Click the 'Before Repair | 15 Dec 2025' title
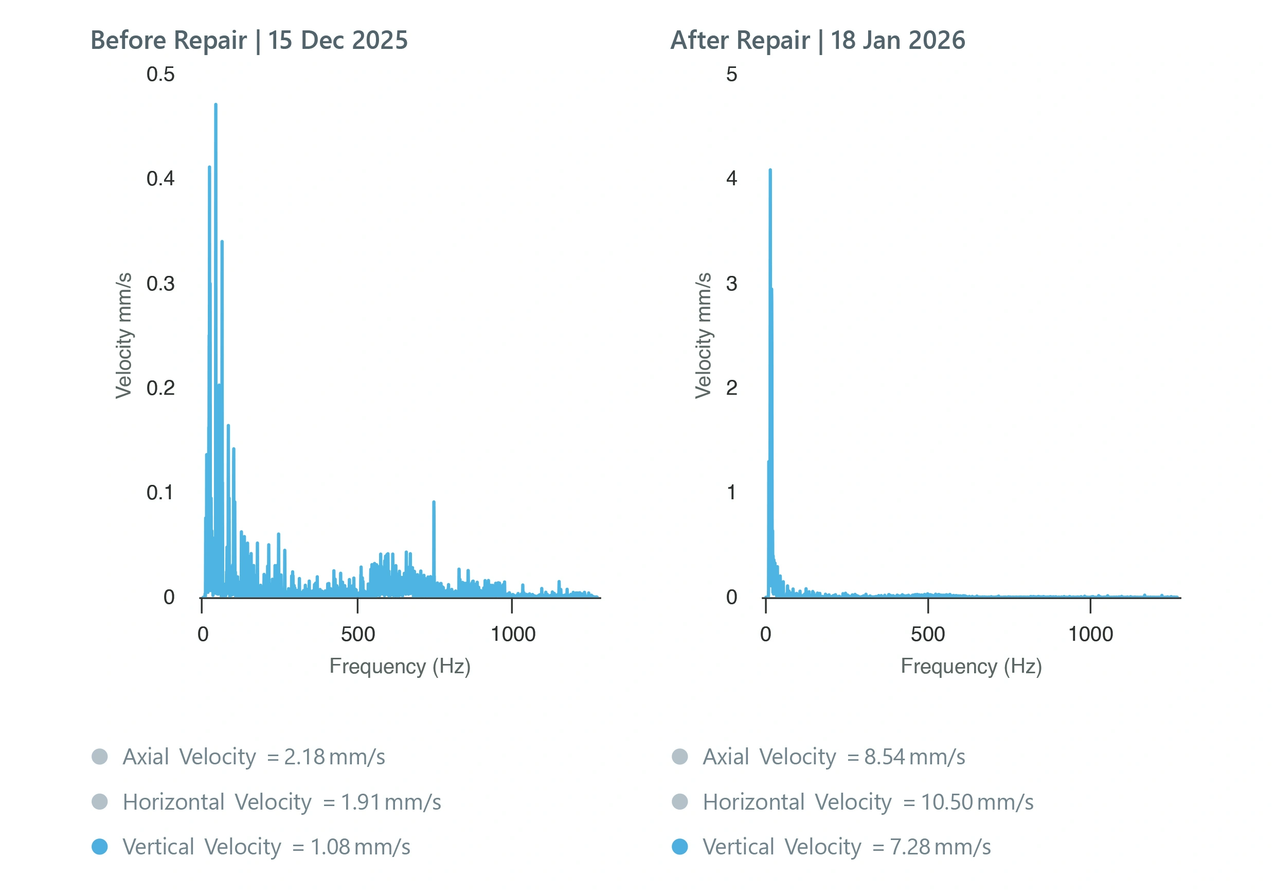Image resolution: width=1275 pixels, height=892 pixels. (x=249, y=40)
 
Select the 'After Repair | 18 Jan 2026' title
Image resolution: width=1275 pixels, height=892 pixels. (x=817, y=40)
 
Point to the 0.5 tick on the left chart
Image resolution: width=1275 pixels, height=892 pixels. (x=160, y=74)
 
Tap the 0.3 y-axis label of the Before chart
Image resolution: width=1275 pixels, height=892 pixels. (x=160, y=284)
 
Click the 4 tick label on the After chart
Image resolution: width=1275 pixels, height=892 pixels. (x=731, y=179)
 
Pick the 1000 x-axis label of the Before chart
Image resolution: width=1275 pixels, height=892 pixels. (x=513, y=634)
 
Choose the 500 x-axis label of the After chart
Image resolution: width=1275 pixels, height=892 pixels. (x=927, y=634)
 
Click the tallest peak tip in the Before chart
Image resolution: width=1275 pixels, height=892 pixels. (x=216, y=105)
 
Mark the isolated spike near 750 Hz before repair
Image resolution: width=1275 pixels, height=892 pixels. (x=434, y=503)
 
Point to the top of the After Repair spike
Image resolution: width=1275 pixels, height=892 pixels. (x=770, y=170)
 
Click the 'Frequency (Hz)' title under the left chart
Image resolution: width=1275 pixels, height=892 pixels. (x=400, y=666)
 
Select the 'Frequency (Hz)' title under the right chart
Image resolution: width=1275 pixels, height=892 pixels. (x=971, y=666)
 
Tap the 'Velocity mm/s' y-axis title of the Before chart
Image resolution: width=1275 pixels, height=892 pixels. (x=123, y=335)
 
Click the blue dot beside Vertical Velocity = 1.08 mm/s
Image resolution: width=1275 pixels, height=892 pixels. (x=99, y=846)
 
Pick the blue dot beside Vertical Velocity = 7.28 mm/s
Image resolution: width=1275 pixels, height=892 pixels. (x=680, y=846)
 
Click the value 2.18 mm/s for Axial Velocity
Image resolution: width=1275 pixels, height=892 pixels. (x=334, y=757)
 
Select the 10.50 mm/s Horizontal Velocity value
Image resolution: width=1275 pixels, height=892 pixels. (x=977, y=802)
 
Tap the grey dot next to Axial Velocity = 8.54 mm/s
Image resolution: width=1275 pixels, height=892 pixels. (x=680, y=757)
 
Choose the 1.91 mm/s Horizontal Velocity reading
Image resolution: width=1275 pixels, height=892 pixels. (x=390, y=802)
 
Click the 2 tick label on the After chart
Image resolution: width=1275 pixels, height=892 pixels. (x=731, y=388)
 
